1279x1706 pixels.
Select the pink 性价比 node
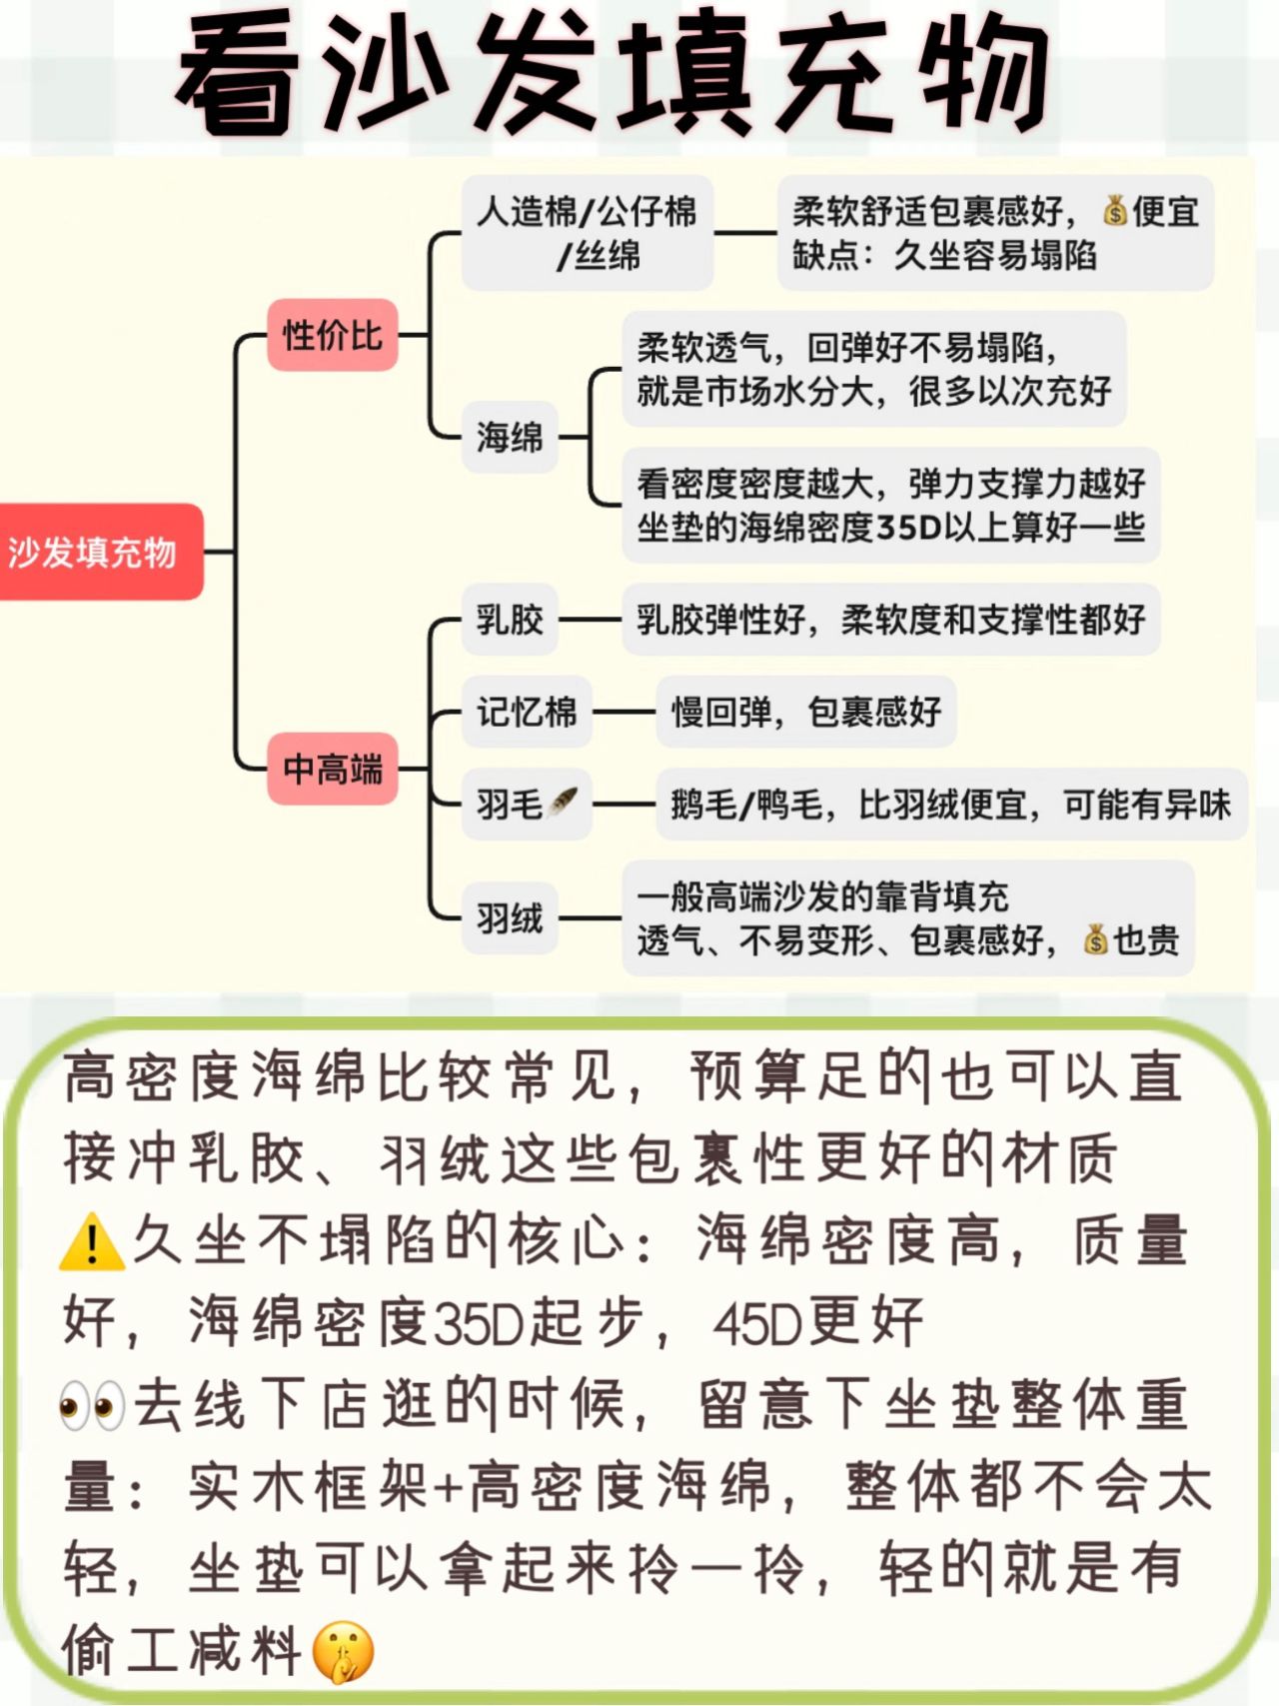click(332, 335)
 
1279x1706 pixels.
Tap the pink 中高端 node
click(332, 769)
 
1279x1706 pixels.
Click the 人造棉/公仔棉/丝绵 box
click(587, 233)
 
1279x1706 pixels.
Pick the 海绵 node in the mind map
click(510, 437)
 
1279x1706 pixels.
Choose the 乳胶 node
click(510, 620)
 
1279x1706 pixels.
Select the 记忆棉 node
click(527, 712)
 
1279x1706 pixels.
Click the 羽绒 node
click(510, 917)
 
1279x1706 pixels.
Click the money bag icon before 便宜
click(1115, 211)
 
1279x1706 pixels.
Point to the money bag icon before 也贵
click(1096, 939)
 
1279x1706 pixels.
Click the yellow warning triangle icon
click(92, 1242)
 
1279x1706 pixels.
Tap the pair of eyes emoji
click(92, 1405)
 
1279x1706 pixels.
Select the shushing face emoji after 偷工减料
click(343, 1651)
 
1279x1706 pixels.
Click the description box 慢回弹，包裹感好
click(805, 712)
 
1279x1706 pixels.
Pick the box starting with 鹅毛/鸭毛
click(950, 805)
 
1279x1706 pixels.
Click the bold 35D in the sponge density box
click(909, 527)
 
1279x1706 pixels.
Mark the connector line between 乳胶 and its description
click(591, 620)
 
